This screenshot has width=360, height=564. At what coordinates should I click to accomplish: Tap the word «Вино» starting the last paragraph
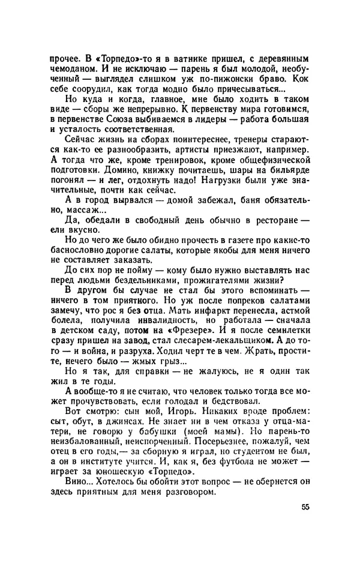coord(75,512)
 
